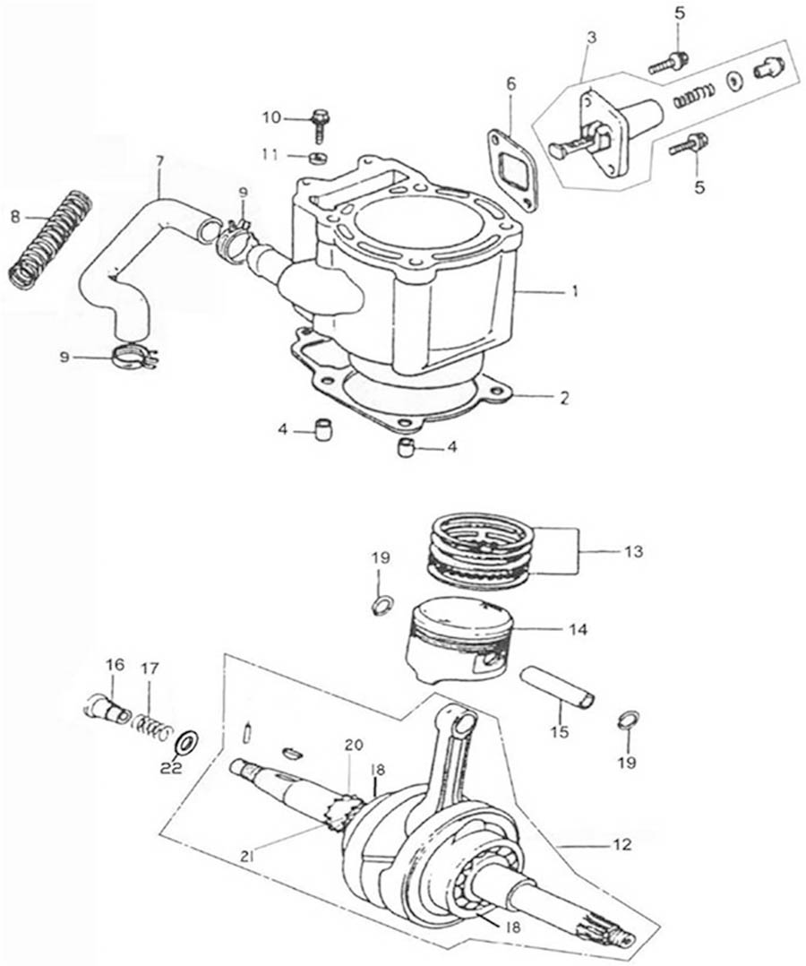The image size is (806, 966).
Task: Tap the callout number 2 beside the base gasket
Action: pyautogui.click(x=564, y=397)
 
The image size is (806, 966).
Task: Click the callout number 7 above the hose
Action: pyautogui.click(x=159, y=163)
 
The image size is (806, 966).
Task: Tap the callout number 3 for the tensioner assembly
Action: pyautogui.click(x=591, y=39)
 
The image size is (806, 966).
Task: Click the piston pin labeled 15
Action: pyautogui.click(x=559, y=687)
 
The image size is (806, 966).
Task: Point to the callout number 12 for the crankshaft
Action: pyautogui.click(x=622, y=844)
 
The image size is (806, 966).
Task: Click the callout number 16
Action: pyautogui.click(x=114, y=664)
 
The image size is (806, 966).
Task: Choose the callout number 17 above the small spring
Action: pyautogui.click(x=150, y=668)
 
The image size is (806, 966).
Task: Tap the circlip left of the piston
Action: pyautogui.click(x=381, y=606)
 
